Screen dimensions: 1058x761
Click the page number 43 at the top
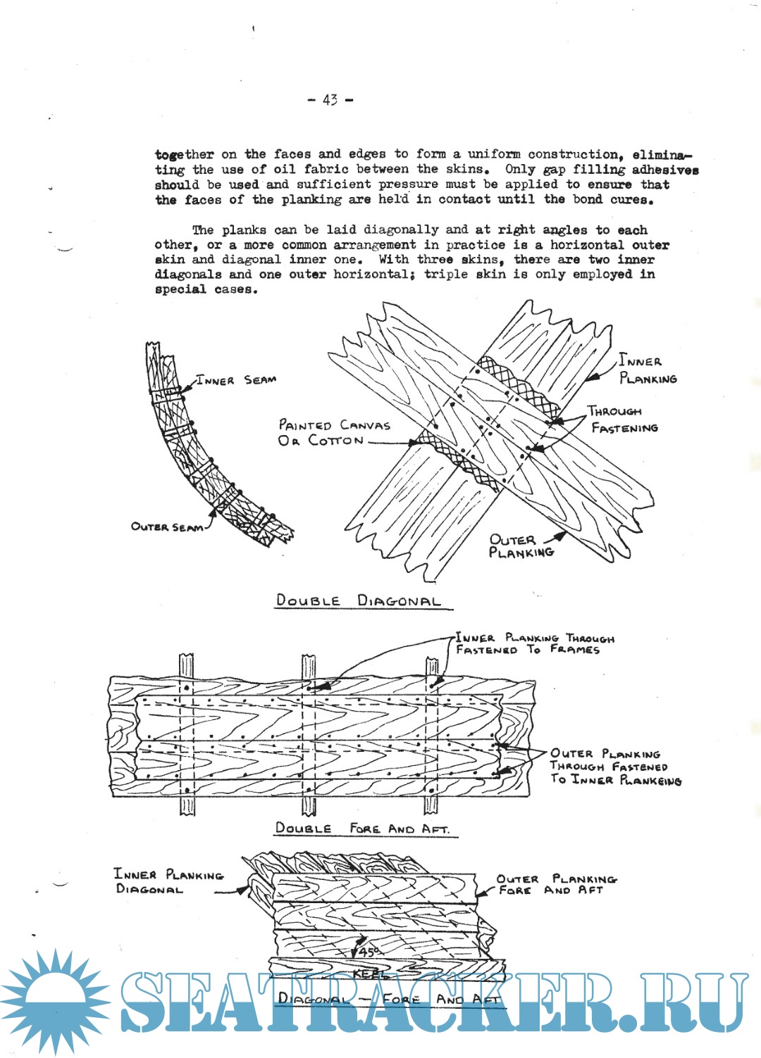[x=330, y=100]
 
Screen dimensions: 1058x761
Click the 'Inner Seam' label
[x=236, y=380]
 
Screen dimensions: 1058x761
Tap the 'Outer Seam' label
[x=167, y=527]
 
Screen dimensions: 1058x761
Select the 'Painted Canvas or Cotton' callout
[x=333, y=432]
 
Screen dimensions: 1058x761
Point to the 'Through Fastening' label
[x=624, y=420]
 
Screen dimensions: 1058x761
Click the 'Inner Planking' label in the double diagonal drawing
[x=647, y=370]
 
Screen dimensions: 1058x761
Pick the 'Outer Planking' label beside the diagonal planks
[x=521, y=546]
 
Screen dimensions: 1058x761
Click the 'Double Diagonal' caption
[x=359, y=601]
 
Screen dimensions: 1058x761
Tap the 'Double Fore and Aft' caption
[x=363, y=829]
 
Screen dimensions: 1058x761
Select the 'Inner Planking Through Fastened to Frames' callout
[x=535, y=643]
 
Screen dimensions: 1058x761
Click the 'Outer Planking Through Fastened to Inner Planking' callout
[x=614, y=767]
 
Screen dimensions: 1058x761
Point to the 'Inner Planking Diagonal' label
[x=168, y=881]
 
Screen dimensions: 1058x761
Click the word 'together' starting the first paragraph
[x=184, y=154]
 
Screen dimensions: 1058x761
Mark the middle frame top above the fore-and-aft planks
[x=309, y=665]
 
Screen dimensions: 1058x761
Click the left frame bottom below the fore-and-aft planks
[x=187, y=806]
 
